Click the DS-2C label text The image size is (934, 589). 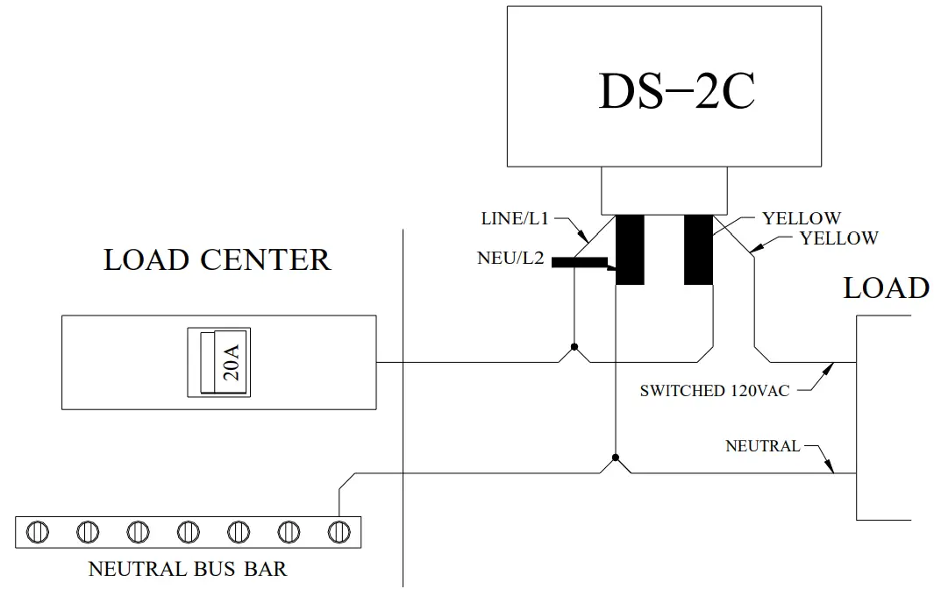click(x=676, y=90)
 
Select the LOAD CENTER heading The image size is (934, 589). click(x=217, y=260)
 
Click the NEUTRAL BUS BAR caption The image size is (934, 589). click(x=187, y=569)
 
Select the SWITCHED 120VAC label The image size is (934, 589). click(x=714, y=391)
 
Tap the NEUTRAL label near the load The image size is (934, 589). click(x=762, y=446)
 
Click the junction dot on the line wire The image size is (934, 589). click(x=574, y=348)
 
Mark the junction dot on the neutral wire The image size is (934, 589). click(x=617, y=458)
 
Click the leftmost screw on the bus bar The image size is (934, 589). click(x=38, y=531)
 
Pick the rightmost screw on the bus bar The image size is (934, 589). click(x=339, y=531)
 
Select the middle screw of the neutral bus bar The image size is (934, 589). click(x=189, y=531)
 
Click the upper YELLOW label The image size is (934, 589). click(x=801, y=218)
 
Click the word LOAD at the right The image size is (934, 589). click(x=886, y=288)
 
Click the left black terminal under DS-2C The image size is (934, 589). click(x=630, y=249)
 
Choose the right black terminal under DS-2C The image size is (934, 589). click(x=698, y=249)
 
